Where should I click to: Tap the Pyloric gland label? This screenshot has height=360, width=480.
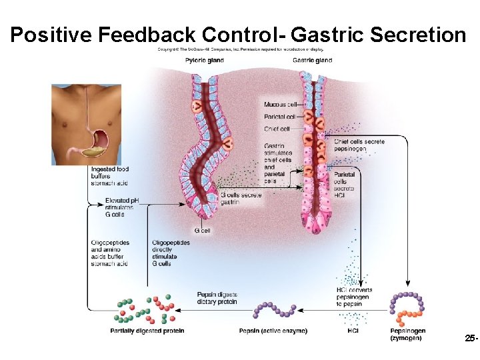[x=203, y=61]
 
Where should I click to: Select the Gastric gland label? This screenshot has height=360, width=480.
[x=312, y=61]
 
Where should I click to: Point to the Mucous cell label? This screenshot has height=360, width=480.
[x=280, y=105]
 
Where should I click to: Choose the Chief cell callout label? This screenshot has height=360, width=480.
[x=277, y=129]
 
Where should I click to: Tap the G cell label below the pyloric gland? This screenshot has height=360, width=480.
[x=202, y=230]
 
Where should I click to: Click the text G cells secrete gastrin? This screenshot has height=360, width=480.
[x=241, y=198]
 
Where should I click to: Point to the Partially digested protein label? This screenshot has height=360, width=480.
[x=147, y=331]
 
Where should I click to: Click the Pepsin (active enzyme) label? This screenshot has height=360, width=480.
[x=273, y=331]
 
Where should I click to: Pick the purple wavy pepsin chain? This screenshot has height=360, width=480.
[x=275, y=310]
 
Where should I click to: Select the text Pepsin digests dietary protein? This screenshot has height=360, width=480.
[x=217, y=298]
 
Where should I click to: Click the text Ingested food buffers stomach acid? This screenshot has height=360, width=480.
[x=109, y=176]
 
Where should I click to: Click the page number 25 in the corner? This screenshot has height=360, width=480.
[x=471, y=339]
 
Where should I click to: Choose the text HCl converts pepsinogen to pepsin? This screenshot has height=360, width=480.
[x=355, y=297]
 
